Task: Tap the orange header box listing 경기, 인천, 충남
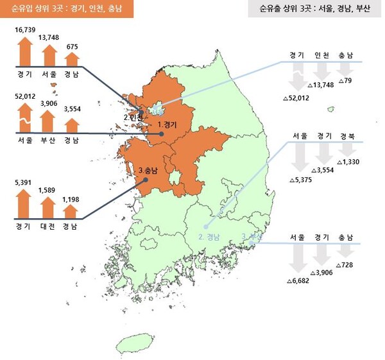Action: tap(67, 10)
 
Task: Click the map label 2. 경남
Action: tap(210, 237)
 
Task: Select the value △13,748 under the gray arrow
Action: tap(321, 85)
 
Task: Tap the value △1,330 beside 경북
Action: tap(348, 162)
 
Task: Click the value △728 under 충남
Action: tap(347, 264)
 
